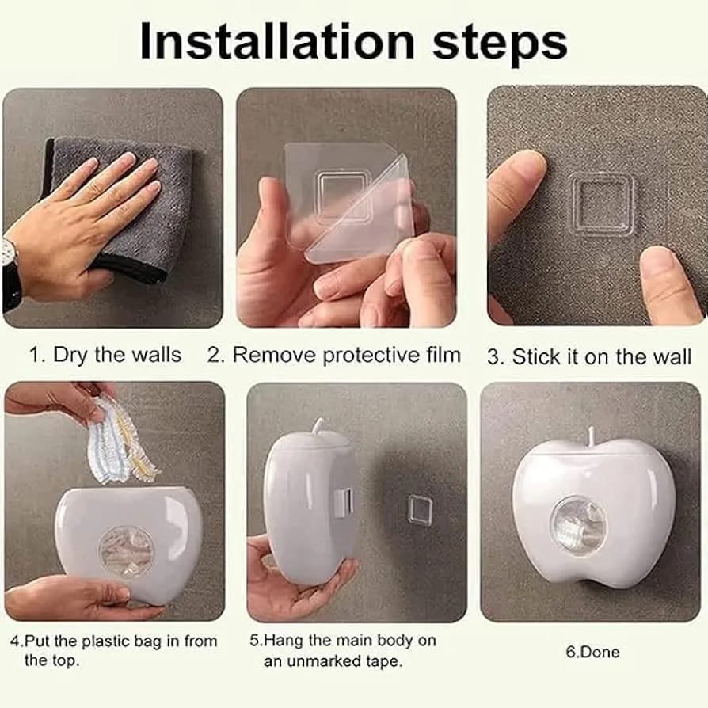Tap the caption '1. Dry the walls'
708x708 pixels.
105,355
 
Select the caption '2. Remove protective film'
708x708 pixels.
333,355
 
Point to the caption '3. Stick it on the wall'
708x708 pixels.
588,356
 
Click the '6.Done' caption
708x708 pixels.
592,652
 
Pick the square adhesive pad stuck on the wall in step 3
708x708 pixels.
603,204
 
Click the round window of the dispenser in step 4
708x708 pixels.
126,548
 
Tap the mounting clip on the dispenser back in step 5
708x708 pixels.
342,500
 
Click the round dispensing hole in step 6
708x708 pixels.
578,524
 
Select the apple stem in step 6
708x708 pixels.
590,435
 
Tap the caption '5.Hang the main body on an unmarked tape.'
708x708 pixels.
349,650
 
